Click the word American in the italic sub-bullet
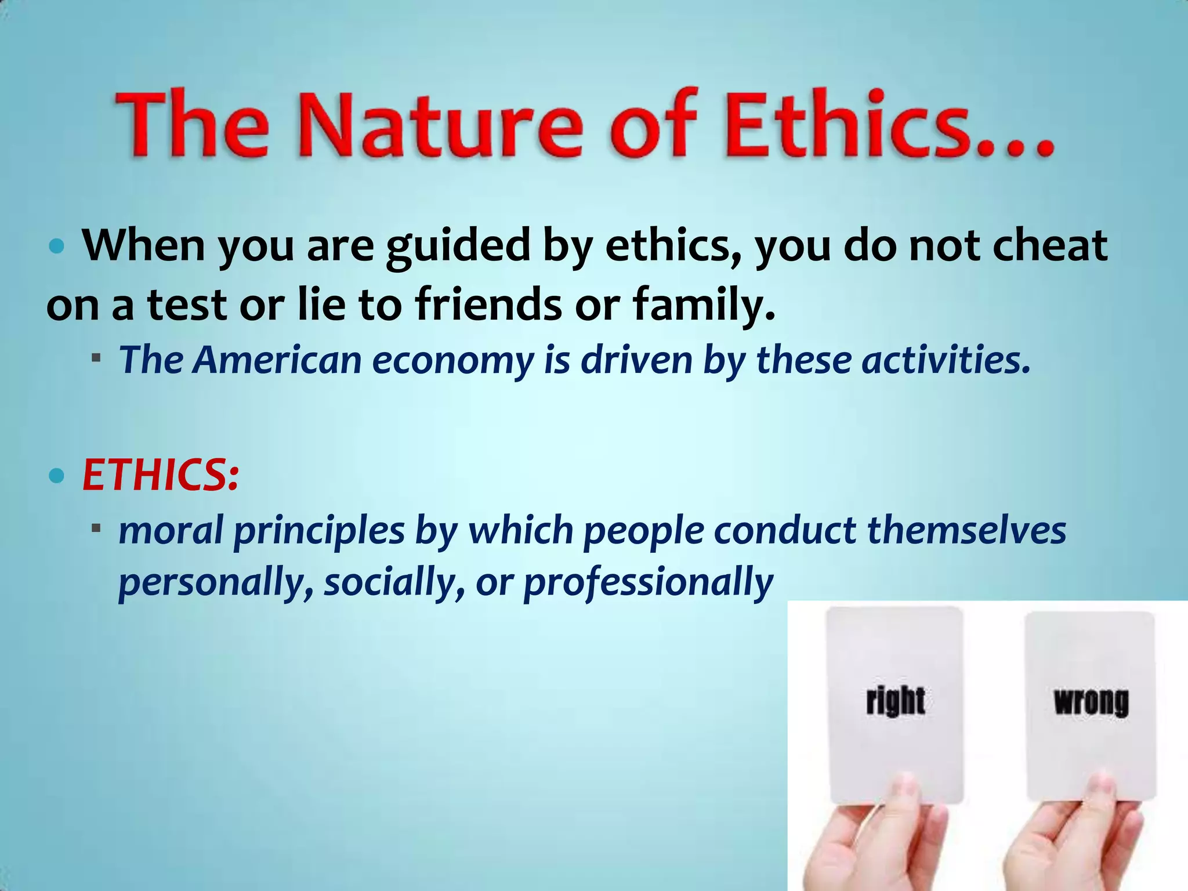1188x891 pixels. [x=278, y=360]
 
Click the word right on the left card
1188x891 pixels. [x=895, y=701]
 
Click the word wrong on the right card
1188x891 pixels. [x=1091, y=702]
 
